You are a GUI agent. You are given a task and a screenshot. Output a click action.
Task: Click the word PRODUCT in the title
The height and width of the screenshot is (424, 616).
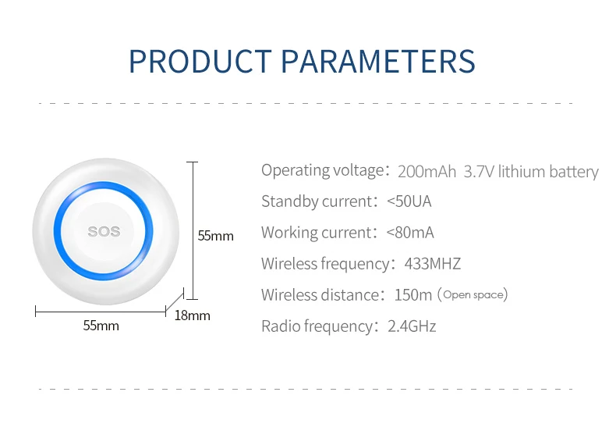(x=200, y=62)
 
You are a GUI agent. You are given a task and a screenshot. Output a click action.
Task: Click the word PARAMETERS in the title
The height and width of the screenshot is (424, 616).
(x=378, y=62)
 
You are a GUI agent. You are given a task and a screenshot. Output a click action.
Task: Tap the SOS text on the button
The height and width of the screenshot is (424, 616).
(x=104, y=231)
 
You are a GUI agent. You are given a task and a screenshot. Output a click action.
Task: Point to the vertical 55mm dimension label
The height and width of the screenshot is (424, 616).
(x=216, y=236)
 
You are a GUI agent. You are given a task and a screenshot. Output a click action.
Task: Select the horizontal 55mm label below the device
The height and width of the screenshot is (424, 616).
(x=101, y=326)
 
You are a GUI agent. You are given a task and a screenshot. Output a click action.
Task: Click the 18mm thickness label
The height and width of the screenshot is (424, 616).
(x=192, y=315)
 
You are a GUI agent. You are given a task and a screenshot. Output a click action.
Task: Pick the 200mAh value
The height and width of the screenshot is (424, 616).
(x=427, y=172)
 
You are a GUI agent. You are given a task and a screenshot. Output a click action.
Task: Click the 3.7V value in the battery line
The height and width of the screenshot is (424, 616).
(x=479, y=172)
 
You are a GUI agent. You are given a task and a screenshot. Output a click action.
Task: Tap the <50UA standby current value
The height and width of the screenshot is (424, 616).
(x=409, y=201)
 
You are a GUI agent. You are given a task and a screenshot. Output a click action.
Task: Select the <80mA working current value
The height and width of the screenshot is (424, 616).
(x=410, y=233)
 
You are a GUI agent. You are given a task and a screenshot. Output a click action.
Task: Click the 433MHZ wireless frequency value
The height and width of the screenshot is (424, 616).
(x=433, y=263)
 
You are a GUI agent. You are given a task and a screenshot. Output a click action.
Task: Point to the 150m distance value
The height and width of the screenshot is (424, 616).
(x=413, y=294)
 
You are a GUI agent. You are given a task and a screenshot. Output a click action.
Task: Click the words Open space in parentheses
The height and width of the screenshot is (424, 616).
(x=473, y=295)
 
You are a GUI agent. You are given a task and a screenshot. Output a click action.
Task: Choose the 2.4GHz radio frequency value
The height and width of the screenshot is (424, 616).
(x=412, y=326)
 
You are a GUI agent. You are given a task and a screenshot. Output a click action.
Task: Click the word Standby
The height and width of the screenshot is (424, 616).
(x=290, y=201)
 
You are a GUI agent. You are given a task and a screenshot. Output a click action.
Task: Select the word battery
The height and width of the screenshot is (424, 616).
(x=574, y=172)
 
